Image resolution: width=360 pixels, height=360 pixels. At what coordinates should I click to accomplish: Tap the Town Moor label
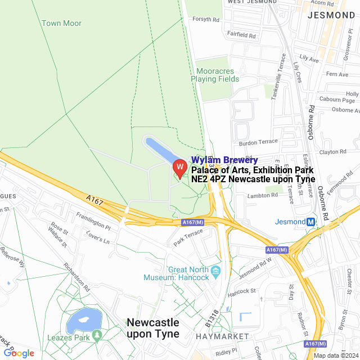[61, 23]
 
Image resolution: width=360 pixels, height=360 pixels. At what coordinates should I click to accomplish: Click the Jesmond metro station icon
[310, 222]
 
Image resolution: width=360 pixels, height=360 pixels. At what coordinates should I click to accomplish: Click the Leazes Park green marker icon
[96, 336]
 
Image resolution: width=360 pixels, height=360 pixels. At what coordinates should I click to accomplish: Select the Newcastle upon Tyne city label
[153, 328]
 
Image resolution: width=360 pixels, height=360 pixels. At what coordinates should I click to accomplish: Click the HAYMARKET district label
[222, 336]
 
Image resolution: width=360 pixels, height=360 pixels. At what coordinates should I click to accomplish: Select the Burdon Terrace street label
[259, 141]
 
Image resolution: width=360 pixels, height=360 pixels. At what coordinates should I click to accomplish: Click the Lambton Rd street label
[263, 195]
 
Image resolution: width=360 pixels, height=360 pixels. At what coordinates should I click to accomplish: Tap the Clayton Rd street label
[332, 152]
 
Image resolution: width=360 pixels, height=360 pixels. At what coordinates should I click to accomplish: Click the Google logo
[19, 353]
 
